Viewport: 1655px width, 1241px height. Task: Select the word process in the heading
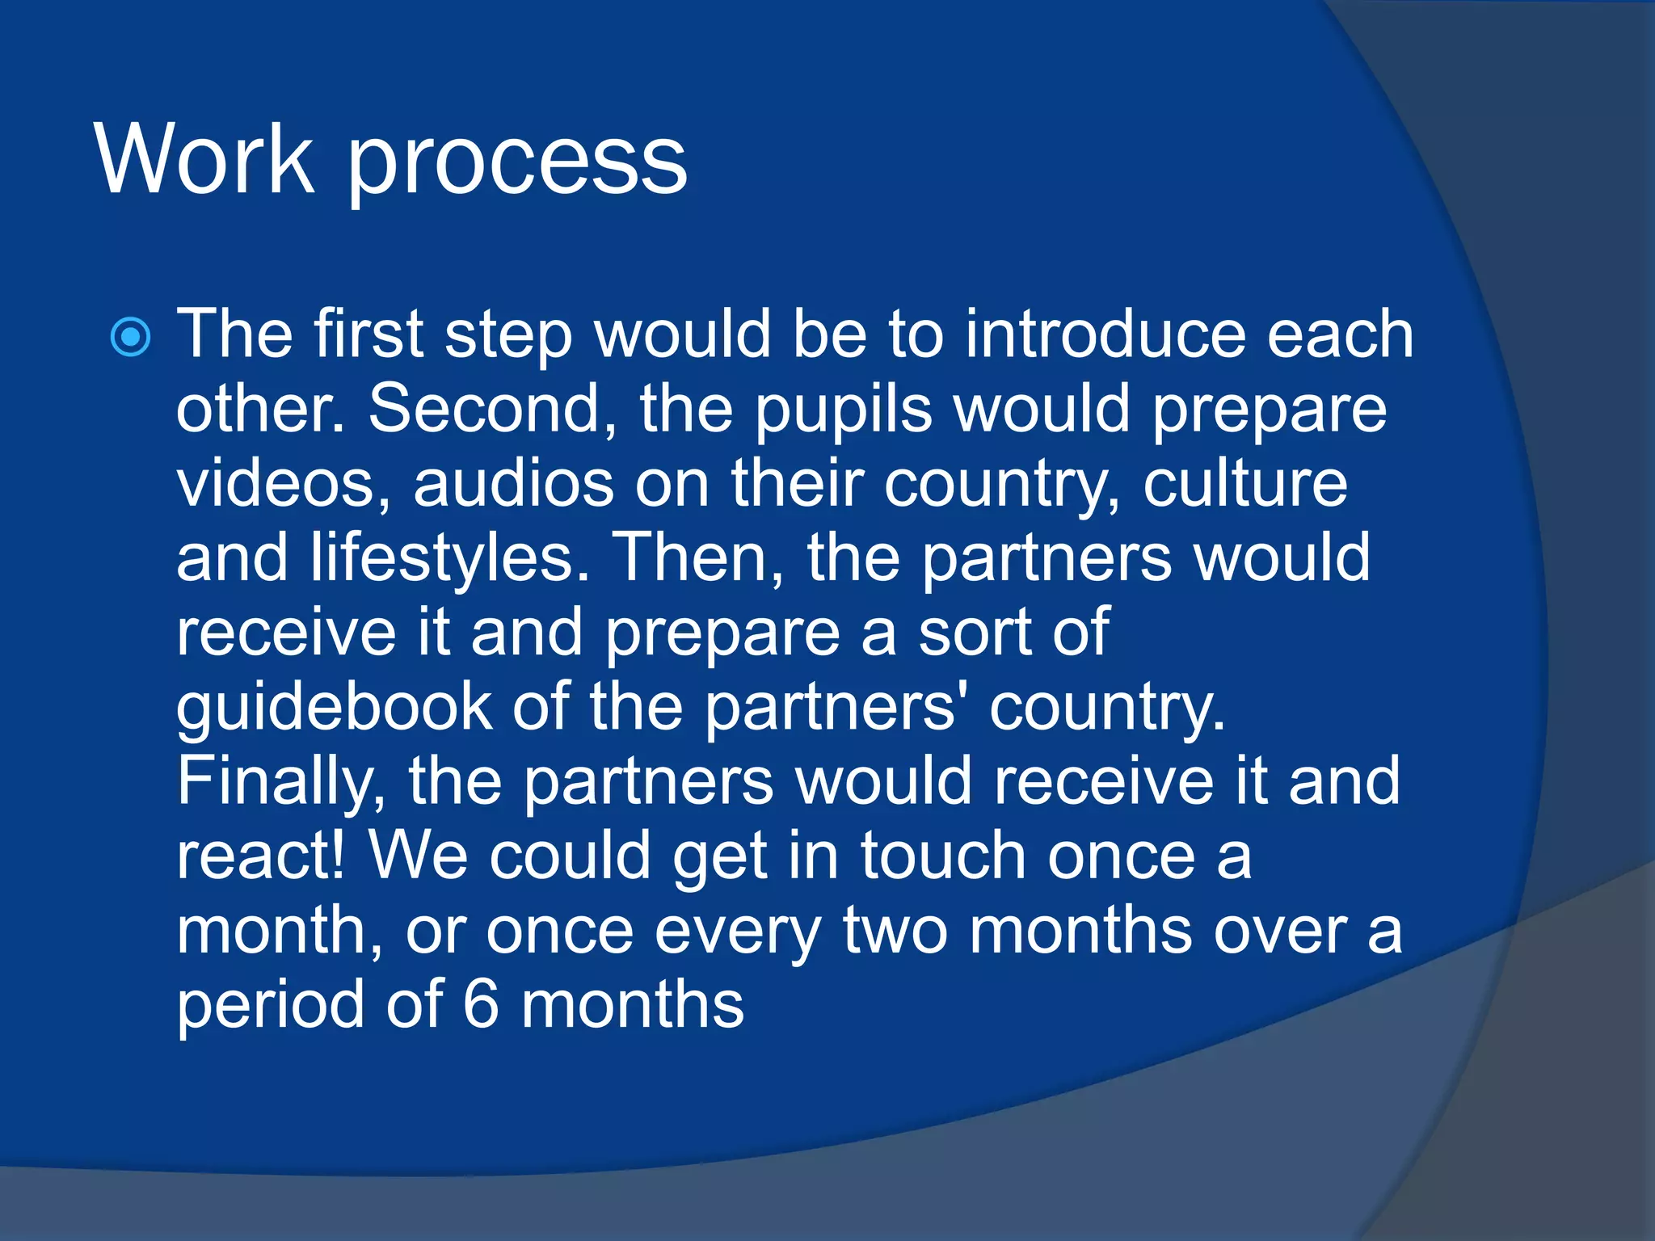pyautogui.click(x=517, y=166)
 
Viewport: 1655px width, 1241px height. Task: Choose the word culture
pyautogui.click(x=1245, y=483)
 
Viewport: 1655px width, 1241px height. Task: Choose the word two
pyautogui.click(x=895, y=931)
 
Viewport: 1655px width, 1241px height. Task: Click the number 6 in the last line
pyautogui.click(x=481, y=1005)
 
